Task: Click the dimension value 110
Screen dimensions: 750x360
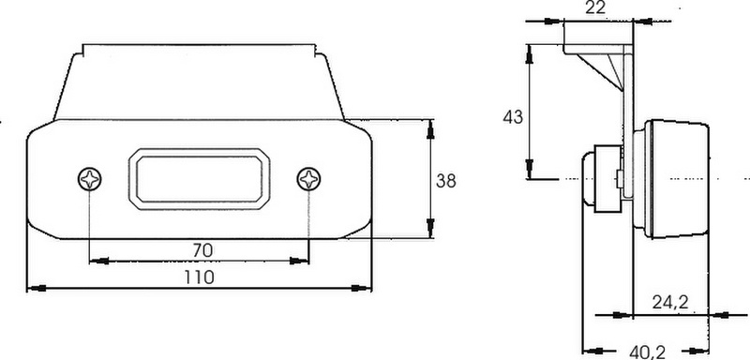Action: tap(200, 277)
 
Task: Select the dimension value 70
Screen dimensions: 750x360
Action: tap(202, 250)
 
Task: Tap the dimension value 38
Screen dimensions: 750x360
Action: tap(446, 181)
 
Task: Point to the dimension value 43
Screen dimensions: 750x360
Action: tap(513, 117)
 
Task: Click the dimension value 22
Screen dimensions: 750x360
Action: tap(595, 7)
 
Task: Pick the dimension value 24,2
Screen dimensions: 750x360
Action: tap(670, 303)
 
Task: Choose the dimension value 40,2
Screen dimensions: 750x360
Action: tap(647, 352)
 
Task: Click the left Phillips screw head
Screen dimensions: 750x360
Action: tap(89, 179)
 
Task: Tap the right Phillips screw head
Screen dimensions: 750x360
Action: tap(308, 179)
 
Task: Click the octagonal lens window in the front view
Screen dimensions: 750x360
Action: tap(200, 179)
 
